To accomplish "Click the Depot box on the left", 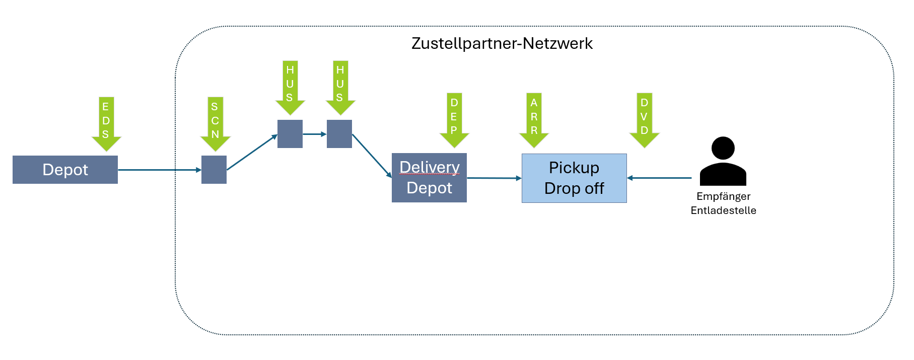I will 65,170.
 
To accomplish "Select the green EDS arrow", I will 106,123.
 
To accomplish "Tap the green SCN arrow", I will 215,123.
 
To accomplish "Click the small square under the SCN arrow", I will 214,170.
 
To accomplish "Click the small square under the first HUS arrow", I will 290,134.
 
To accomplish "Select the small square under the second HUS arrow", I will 339,134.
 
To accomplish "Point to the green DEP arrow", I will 454,119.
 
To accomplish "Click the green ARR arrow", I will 534,119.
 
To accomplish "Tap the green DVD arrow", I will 645,119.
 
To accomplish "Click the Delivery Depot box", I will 429,178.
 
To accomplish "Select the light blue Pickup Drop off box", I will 574,178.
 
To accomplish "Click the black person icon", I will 723,162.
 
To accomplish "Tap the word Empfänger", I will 723,196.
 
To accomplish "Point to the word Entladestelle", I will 723,210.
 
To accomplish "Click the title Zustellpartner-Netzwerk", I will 502,43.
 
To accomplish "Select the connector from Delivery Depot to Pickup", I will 494,178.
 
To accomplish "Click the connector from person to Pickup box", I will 660,178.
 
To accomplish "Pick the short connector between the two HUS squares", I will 314,134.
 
